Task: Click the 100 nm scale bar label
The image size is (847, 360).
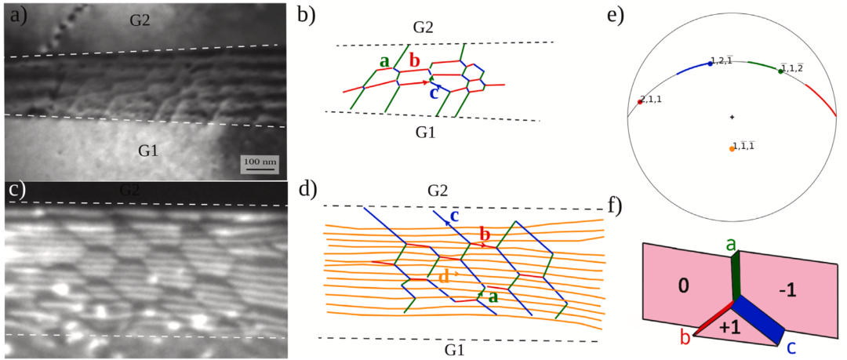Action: (258, 161)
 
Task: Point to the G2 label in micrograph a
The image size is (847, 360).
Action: (142, 20)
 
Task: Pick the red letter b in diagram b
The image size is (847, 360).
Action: (414, 61)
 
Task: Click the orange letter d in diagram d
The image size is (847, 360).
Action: (443, 276)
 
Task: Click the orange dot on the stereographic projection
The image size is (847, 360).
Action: (732, 148)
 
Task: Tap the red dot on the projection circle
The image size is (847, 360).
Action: (641, 102)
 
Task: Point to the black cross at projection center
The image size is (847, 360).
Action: (732, 117)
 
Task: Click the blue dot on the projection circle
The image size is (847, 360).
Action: (711, 64)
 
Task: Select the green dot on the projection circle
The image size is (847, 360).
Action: (780, 71)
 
